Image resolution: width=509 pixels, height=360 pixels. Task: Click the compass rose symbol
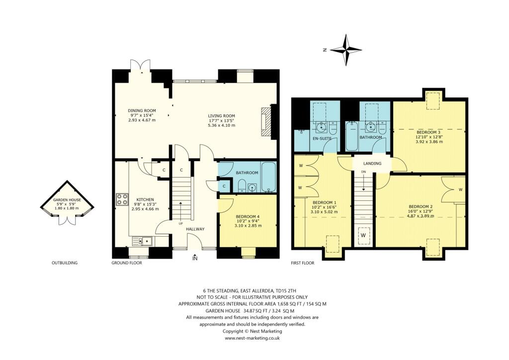pyautogui.click(x=346, y=50)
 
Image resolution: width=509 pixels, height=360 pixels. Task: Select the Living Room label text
pyautogui.click(x=221, y=116)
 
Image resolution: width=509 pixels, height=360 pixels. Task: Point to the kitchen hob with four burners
pyautogui.click(x=122, y=199)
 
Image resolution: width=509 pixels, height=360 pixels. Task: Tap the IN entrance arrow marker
pyautogui.click(x=195, y=258)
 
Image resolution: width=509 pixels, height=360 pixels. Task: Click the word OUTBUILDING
pyautogui.click(x=65, y=263)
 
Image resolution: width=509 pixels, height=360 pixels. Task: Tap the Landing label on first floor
pyautogui.click(x=372, y=163)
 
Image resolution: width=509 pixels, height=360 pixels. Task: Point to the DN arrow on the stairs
pyautogui.click(x=363, y=173)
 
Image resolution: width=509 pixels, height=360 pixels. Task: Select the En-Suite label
pyautogui.click(x=322, y=138)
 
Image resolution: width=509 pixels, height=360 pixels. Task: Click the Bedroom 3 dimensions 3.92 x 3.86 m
pyautogui.click(x=429, y=142)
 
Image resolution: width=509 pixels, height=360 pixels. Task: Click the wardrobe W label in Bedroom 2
pyautogui.click(x=460, y=189)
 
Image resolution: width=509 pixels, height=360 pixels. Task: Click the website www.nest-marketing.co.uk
pyautogui.click(x=253, y=338)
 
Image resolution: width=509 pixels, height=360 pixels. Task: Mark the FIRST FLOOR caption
pyautogui.click(x=303, y=263)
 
